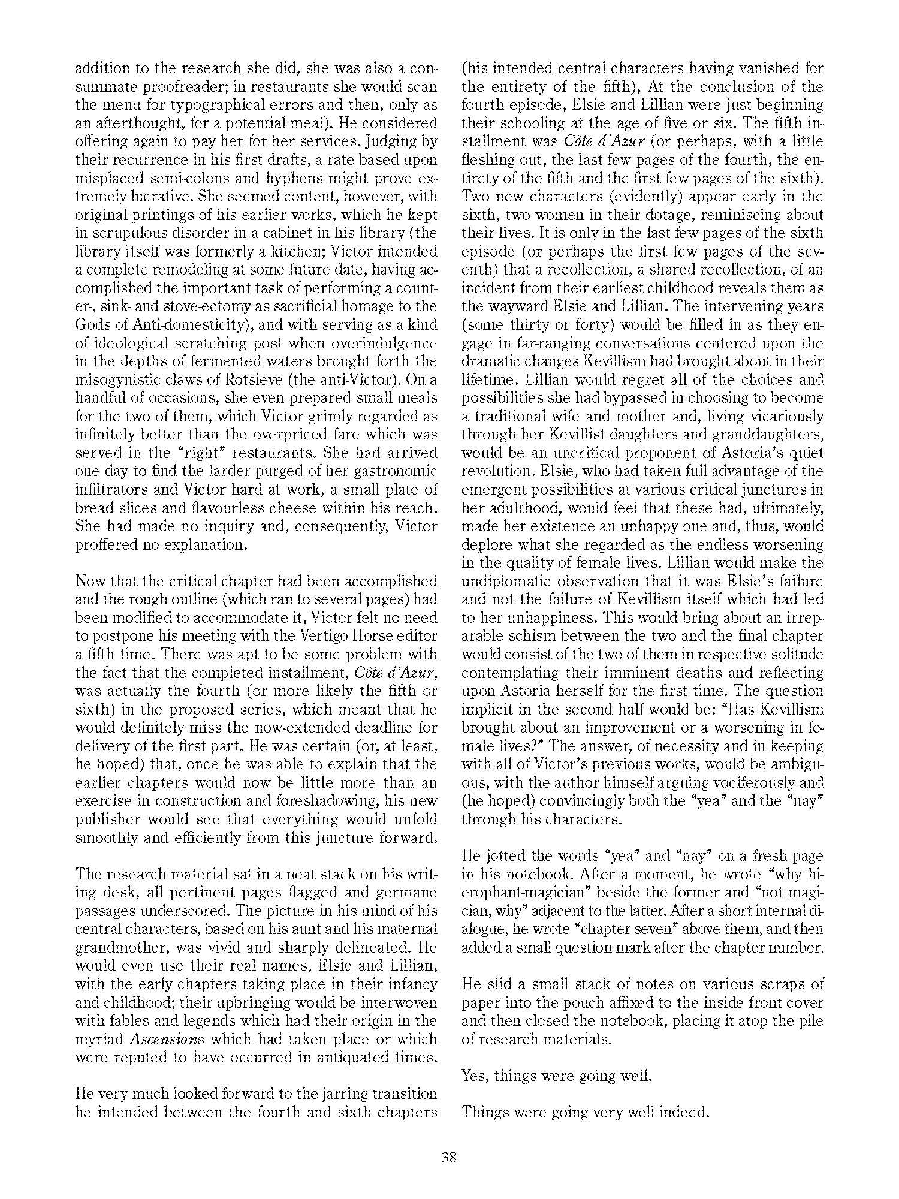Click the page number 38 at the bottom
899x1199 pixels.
[x=449, y=1158]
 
